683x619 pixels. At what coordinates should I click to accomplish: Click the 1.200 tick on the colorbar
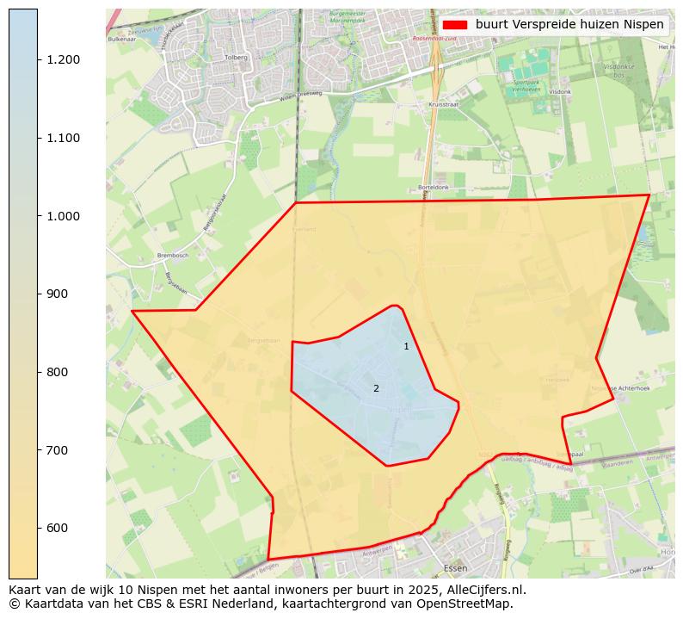click(x=38, y=59)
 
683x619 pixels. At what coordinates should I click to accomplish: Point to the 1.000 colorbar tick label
click(x=64, y=216)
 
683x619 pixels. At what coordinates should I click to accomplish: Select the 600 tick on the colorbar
click(x=38, y=528)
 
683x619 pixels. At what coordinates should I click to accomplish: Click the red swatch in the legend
click(x=455, y=25)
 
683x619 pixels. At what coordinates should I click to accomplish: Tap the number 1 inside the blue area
click(x=406, y=346)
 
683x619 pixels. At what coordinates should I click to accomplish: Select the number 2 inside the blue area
click(x=376, y=389)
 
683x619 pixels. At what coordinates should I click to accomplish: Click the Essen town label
click(x=455, y=568)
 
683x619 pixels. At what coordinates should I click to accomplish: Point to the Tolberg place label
click(x=236, y=58)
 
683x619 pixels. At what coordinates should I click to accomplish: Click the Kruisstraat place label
click(x=443, y=104)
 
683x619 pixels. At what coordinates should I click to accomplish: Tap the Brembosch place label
click(x=149, y=256)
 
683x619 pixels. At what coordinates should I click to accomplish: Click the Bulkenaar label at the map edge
click(x=122, y=39)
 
